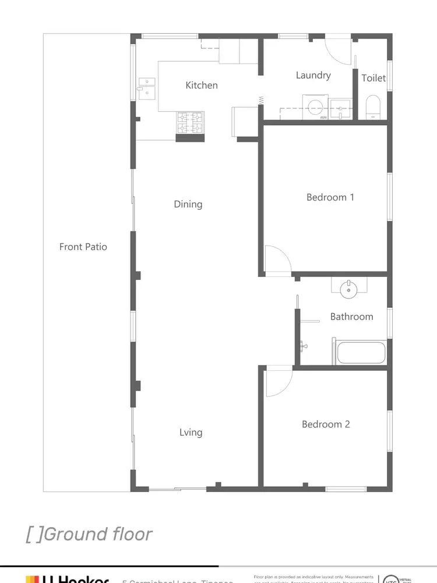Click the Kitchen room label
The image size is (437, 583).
pos(202,85)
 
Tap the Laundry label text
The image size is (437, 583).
pos(313,75)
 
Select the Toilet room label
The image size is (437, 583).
pos(373,78)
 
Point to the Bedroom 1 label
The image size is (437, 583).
pos(330,197)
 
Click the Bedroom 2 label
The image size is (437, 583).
pos(326,424)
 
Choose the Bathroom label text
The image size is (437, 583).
pos(351,317)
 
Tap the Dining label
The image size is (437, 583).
pos(188,204)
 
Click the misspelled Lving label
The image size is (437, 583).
pos(191,432)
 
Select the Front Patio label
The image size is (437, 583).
pos(83,247)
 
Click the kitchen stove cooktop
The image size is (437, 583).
pos(190,122)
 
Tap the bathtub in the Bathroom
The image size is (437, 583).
pos(360,353)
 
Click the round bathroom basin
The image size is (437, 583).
pos(349,289)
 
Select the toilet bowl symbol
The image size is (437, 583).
pos(373,108)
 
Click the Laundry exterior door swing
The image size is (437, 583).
pos(337,51)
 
